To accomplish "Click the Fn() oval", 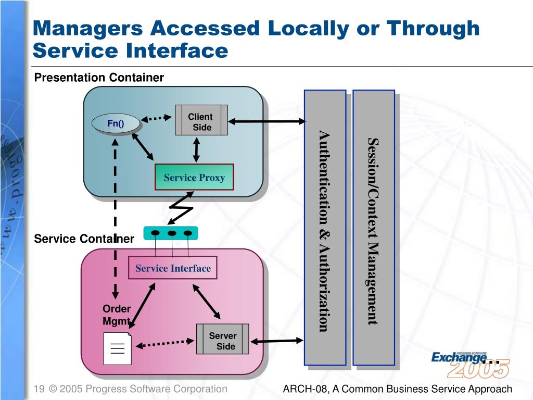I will coord(116,123).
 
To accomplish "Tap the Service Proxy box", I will coord(194,178).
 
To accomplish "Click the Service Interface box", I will coord(173,268).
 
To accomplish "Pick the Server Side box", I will coord(223,339).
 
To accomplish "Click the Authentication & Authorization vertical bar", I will coord(325,228).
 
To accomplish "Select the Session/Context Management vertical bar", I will coord(373,228).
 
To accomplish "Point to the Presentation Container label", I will coord(99,78).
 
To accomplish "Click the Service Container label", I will coord(84,239).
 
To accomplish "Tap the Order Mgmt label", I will coord(116,315).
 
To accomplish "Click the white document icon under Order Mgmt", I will coord(117,348).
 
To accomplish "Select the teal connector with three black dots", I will coord(171,233).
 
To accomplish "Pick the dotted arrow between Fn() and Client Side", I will coord(157,118).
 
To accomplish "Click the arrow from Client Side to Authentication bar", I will coord(266,121).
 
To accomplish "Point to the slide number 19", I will coord(37,389).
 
